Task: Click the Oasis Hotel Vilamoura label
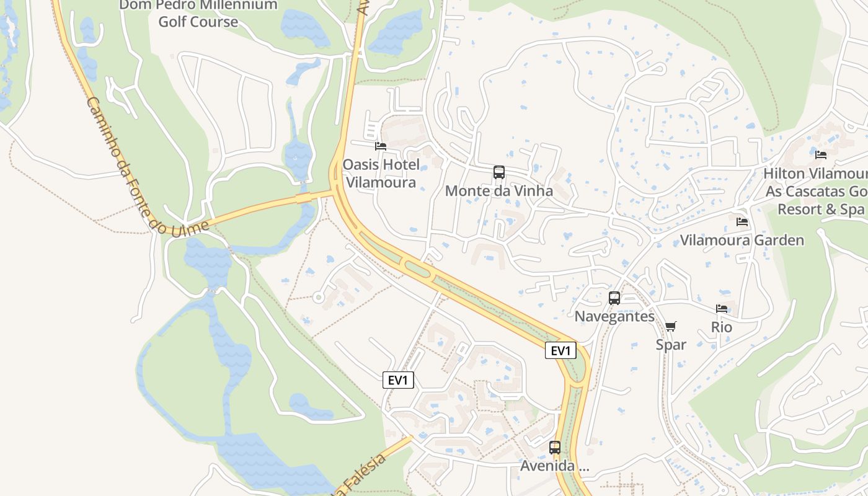tap(381, 174)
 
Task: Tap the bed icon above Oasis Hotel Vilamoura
tap(381, 146)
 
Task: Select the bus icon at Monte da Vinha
tap(499, 172)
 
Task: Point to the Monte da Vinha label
tap(499, 191)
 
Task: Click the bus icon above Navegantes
tap(614, 298)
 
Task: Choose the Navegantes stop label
tap(614, 316)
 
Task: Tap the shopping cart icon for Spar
tap(671, 326)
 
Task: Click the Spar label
tap(671, 345)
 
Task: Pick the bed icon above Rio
tap(722, 308)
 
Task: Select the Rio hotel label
tap(722, 327)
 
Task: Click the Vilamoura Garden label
tap(742, 241)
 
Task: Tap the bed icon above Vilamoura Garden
tap(742, 221)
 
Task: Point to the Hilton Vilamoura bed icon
tap(821, 155)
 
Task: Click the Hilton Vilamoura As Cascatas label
tap(816, 192)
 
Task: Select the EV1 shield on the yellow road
tap(560, 351)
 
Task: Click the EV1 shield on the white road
tap(398, 380)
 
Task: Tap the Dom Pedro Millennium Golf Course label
tap(198, 14)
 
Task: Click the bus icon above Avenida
tap(555, 447)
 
